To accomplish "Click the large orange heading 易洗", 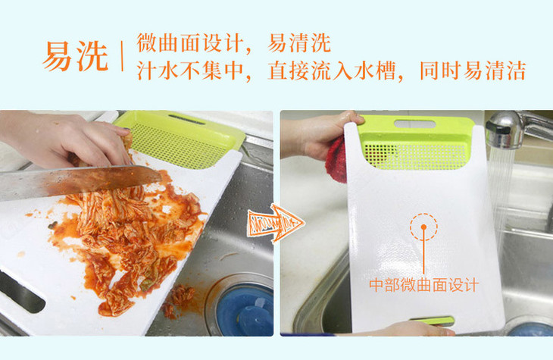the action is [76, 57].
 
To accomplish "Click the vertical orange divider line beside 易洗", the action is [122, 57].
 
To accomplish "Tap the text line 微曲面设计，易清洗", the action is [234, 43].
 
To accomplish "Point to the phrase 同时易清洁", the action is [473, 71].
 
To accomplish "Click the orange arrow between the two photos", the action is [276, 223].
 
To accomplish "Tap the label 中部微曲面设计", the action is [424, 285].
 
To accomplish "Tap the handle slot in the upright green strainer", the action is [415, 124].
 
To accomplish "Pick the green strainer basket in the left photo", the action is [180, 137].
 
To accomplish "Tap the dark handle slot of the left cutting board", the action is [21, 292].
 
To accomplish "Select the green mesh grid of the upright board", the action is [417, 155].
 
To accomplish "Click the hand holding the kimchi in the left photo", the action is [67, 139].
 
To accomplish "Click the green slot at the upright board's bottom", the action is [433, 321].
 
